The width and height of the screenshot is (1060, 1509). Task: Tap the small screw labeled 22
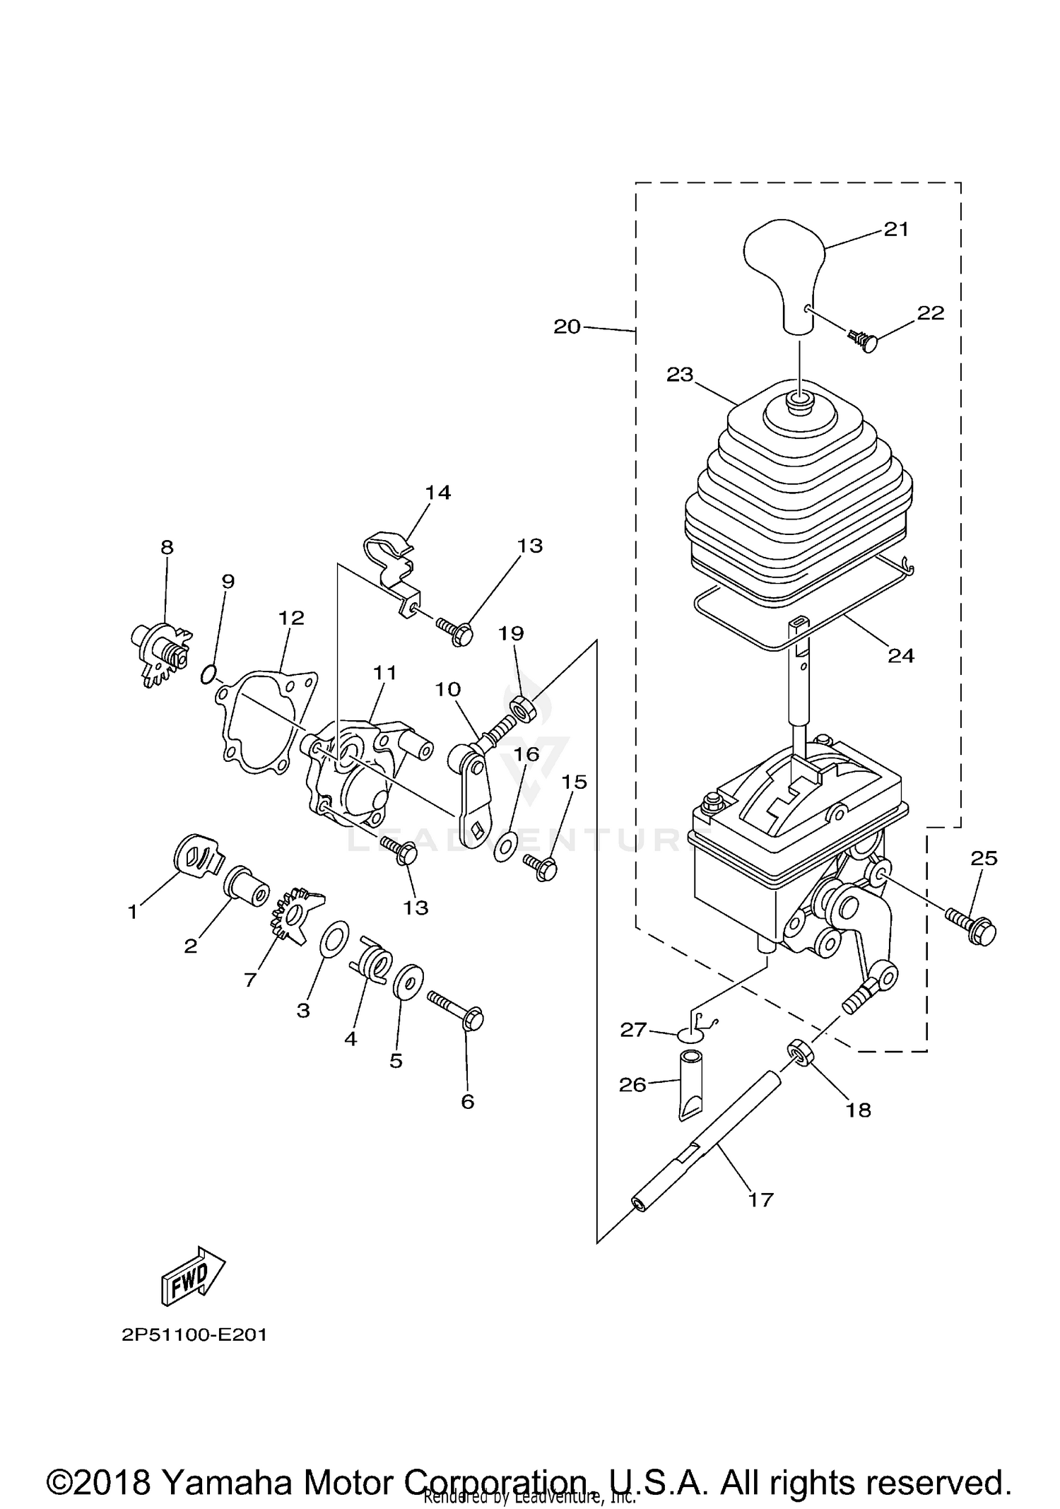pos(866,342)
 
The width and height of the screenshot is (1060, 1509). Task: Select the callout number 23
pos(680,375)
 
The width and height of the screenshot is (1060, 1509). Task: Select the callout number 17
pos(760,1199)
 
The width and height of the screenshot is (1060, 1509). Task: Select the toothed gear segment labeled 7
pos(295,917)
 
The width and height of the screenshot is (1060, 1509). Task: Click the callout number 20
pos(567,327)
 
